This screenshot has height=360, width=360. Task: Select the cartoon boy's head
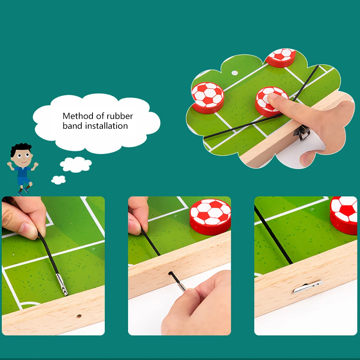21,154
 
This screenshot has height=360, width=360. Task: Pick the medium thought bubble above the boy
76,165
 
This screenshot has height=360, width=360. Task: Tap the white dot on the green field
234,73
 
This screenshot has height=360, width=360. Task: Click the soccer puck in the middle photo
211,216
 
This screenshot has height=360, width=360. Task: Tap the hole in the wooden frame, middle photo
170,273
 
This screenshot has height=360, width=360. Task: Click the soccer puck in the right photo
344,214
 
